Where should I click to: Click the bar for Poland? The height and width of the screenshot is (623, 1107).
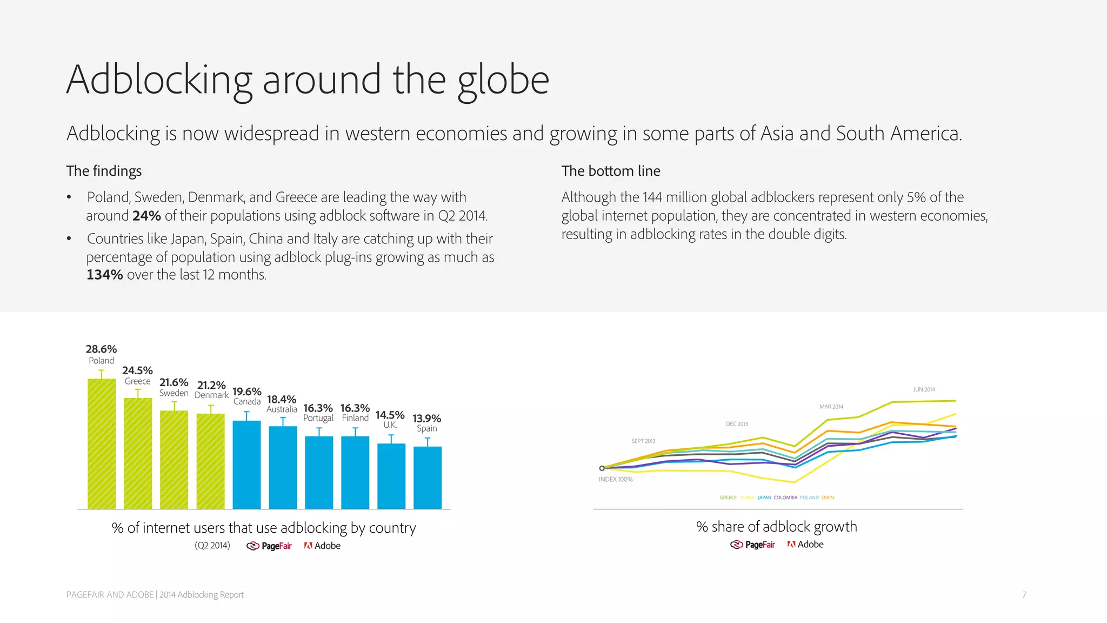point(102,443)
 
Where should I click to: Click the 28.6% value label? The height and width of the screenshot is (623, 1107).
point(101,349)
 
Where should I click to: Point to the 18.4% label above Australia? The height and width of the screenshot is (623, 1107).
point(282,399)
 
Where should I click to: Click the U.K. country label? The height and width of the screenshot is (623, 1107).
point(390,425)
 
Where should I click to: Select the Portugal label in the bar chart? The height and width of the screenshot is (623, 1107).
point(318,418)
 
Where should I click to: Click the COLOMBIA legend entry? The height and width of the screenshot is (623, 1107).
point(785,498)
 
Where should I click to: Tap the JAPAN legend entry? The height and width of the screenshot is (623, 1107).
point(764,498)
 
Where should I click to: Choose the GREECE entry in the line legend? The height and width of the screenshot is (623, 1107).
point(728,498)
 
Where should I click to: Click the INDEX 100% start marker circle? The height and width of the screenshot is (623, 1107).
point(602,468)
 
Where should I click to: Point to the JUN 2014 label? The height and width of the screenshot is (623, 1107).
point(924,389)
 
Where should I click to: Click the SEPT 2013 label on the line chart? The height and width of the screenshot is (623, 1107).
point(643,441)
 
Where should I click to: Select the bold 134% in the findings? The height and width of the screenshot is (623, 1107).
point(105,275)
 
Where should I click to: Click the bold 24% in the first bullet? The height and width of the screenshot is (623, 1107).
point(146,216)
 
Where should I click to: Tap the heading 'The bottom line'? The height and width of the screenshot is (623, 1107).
point(611,171)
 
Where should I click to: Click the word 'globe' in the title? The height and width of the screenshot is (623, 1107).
point(503,80)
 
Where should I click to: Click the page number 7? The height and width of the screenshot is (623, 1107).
point(1024,594)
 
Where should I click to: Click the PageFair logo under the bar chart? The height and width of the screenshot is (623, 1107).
point(269,546)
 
